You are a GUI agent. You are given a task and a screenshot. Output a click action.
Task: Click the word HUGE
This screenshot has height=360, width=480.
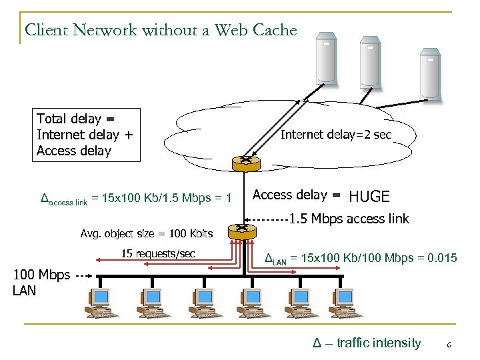[369, 197]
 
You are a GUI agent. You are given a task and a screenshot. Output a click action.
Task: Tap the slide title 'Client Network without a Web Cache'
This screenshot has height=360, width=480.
[160, 30]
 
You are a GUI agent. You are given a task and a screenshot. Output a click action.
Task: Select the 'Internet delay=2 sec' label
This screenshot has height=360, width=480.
[337, 135]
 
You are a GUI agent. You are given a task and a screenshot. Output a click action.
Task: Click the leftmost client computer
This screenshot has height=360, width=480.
[101, 303]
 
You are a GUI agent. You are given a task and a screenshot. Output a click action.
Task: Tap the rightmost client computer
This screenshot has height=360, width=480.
[345, 303]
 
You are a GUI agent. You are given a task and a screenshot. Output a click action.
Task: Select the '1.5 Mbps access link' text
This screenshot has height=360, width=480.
[349, 218]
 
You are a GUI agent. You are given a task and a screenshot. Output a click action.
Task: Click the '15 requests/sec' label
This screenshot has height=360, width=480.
[158, 253]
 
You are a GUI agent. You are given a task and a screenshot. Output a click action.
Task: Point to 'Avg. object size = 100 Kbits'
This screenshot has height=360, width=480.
[146, 233]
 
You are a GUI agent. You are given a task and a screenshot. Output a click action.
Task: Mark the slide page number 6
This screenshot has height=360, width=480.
[449, 345]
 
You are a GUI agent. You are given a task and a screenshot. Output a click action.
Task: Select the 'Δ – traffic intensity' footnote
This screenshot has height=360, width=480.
[367, 343]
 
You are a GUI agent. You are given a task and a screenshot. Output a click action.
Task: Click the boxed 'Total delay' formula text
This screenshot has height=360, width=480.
[88, 135]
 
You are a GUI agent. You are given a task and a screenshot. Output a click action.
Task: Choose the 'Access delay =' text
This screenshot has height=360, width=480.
[297, 195]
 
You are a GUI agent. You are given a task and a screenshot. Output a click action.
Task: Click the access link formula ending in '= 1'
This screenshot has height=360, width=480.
[136, 199]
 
